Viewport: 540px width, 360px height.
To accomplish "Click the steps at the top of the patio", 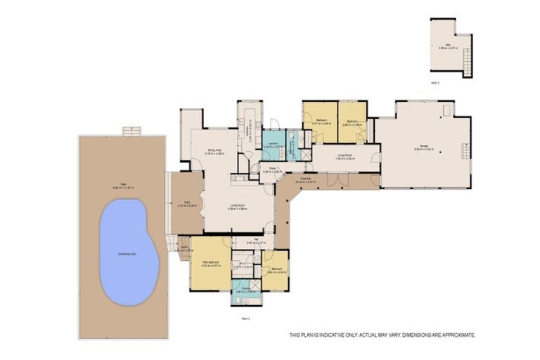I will click(131, 131).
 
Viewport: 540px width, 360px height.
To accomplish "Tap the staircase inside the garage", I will click(464, 151).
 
